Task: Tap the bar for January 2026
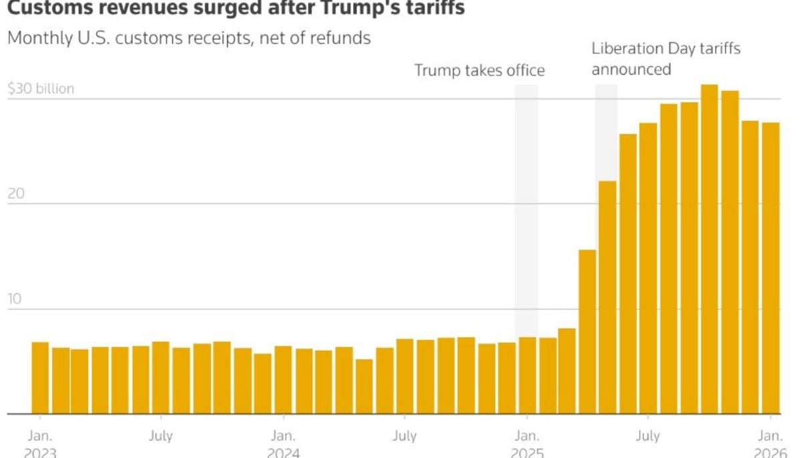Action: pos(771,268)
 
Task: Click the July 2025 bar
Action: pos(648,268)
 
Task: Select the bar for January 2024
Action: pos(283,380)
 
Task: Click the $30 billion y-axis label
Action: pos(41,89)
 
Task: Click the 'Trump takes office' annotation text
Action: pos(479,70)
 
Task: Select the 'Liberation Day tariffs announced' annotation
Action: pos(665,59)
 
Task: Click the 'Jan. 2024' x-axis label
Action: pos(283,444)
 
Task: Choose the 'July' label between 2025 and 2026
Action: pos(647,436)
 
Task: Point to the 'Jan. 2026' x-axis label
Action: pos(771,444)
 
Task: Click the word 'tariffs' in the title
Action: pos(434,8)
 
